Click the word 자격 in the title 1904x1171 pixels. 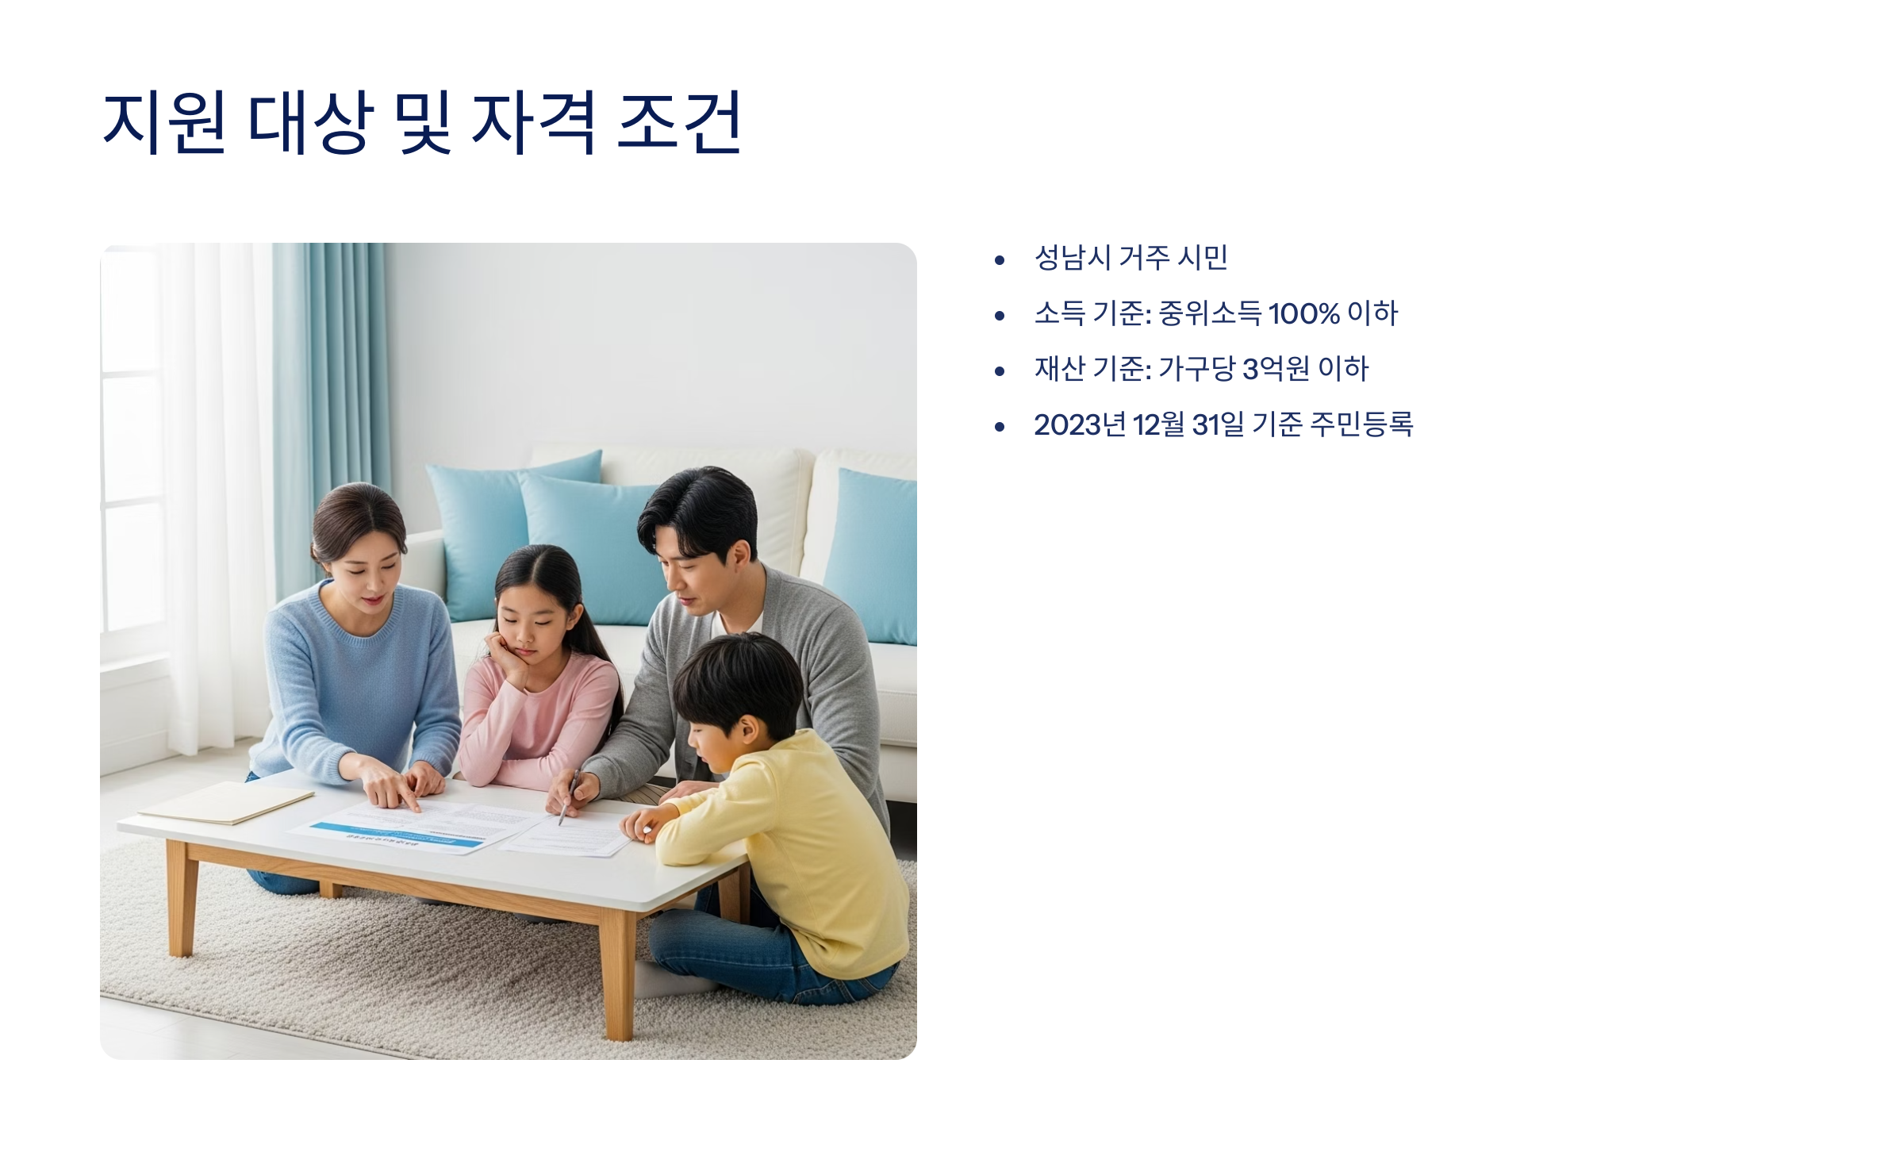tap(533, 122)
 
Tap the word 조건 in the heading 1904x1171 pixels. tap(678, 122)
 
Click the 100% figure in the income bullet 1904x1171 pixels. tap(1303, 313)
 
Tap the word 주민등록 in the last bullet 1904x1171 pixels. tap(1361, 424)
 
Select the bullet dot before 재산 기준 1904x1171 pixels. tap(1000, 370)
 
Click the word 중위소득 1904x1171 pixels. tap(1210, 313)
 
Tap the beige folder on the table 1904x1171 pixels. tap(226, 801)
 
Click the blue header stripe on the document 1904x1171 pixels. tap(397, 838)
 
